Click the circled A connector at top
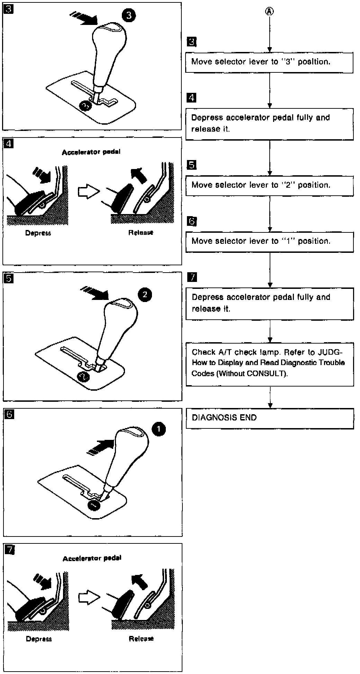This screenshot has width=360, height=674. (x=269, y=11)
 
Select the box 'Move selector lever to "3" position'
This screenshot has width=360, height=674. (x=269, y=62)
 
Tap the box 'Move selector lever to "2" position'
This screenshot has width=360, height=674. (x=269, y=185)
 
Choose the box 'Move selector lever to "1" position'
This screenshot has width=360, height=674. (x=269, y=241)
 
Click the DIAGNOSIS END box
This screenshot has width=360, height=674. (x=270, y=418)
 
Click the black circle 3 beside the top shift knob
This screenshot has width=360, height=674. (x=128, y=16)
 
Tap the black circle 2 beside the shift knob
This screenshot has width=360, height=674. (x=145, y=295)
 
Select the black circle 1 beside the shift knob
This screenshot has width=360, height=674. (x=159, y=429)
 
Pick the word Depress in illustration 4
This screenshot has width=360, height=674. (x=38, y=233)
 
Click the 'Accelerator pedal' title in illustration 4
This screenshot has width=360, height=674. (x=91, y=152)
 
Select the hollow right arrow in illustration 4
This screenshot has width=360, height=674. (x=88, y=192)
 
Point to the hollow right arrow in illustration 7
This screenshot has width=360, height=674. (x=89, y=597)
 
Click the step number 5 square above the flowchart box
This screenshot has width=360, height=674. (x=191, y=165)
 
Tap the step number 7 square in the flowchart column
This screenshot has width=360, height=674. (x=191, y=277)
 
